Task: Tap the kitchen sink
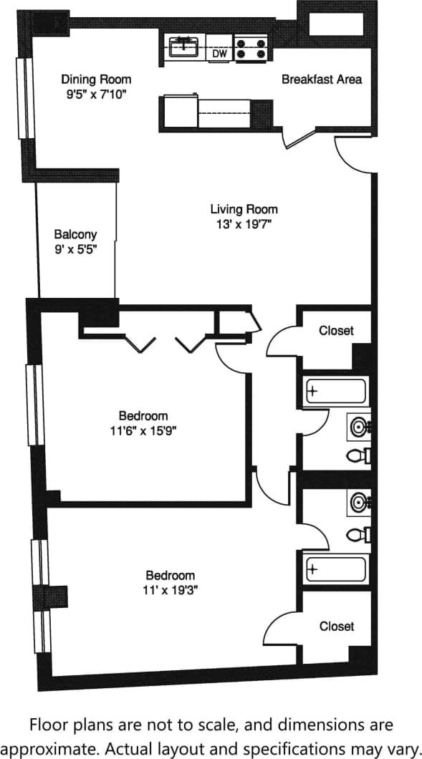point(185,47)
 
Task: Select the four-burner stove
point(252,47)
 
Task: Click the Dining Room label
point(96,79)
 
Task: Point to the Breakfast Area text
point(321,79)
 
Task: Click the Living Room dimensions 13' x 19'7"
point(244,224)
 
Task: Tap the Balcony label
point(75,234)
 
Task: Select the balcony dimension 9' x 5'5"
point(75,249)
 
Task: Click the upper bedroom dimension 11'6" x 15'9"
point(143,431)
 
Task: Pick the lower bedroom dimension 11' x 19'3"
point(171,591)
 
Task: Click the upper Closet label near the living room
point(336,331)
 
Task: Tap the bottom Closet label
point(336,626)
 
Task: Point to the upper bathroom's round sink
point(358,427)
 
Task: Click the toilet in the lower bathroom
point(356,534)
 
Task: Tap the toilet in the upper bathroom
point(356,455)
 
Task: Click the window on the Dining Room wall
point(27,97)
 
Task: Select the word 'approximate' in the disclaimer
point(62,749)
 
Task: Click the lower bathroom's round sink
point(358,503)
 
